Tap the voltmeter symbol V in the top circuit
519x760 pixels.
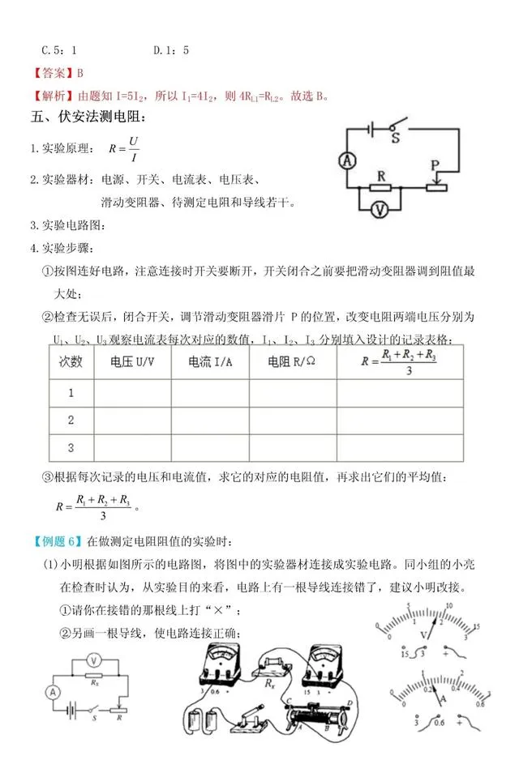[x=377, y=208]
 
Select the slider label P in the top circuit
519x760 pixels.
[x=435, y=164]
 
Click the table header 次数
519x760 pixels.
[x=71, y=362]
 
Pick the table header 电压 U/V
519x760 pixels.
[x=132, y=362]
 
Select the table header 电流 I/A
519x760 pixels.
[x=210, y=362]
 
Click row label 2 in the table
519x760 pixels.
[x=71, y=420]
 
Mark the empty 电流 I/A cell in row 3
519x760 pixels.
[x=210, y=447]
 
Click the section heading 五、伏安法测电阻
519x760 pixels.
[x=82, y=115]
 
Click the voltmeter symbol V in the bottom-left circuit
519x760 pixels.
[x=94, y=658]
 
